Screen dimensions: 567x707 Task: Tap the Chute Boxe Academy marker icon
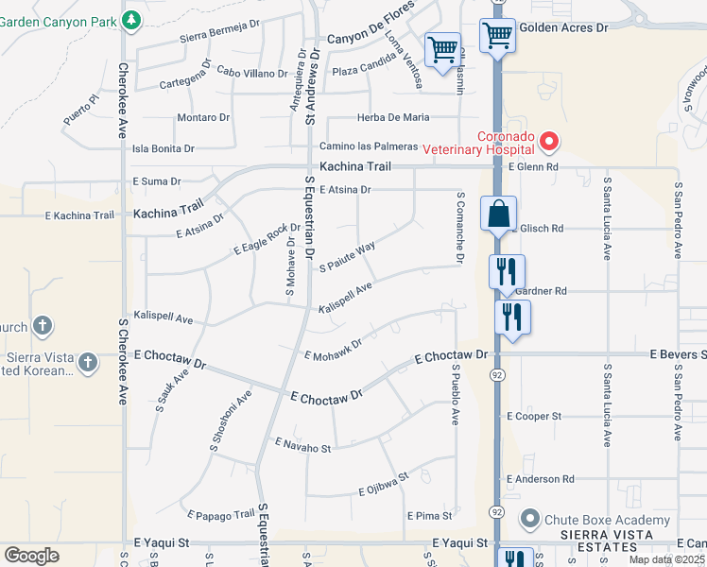[529, 519]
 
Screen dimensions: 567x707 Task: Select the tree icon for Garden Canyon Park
[133, 18]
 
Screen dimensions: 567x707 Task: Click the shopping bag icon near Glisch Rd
[498, 215]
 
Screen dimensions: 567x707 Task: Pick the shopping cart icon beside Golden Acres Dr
[497, 37]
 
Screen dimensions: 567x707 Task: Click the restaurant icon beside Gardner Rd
[507, 271]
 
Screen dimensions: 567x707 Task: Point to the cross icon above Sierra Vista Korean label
[87, 362]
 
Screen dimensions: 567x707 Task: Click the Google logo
[32, 556]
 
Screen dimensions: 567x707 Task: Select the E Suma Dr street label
[157, 180]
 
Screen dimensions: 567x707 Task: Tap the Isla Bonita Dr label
[164, 149]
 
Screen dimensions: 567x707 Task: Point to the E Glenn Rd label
[534, 167]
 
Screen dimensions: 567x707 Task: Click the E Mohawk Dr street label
[334, 351]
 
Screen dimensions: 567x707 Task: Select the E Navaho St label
[302, 445]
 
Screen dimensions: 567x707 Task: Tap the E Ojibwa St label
[383, 484]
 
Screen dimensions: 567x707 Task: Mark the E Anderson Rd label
[540, 479]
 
